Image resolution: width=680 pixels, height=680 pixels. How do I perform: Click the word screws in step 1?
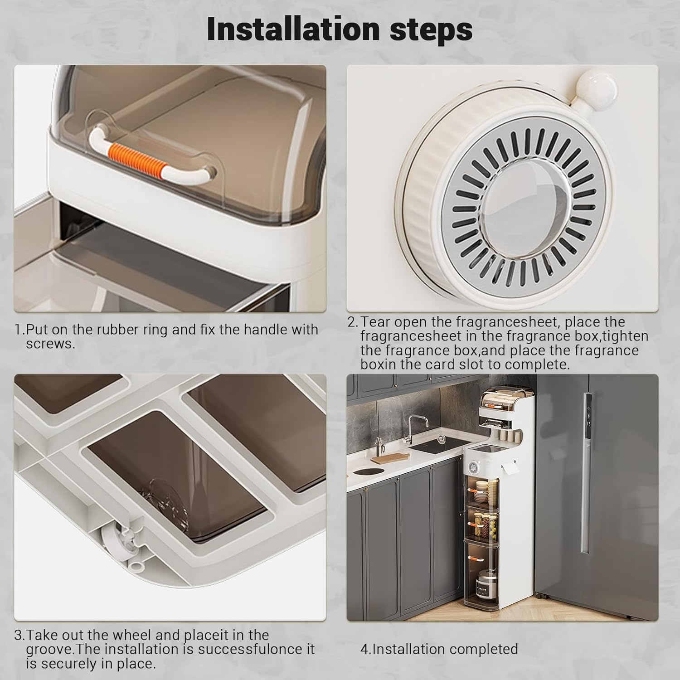(x=49, y=344)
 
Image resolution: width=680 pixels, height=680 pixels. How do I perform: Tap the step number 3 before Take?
(x=18, y=635)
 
